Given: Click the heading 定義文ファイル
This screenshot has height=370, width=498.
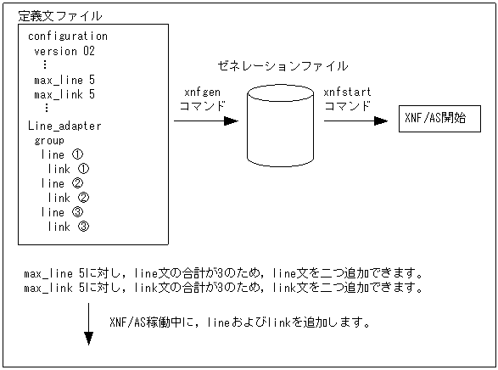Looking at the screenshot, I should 61,15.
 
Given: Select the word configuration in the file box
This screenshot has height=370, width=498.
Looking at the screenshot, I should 68,36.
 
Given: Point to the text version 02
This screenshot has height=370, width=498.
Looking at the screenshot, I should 64,51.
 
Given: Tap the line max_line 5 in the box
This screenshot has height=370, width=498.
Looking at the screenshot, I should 64,80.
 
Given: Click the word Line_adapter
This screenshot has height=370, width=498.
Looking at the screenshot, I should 64,126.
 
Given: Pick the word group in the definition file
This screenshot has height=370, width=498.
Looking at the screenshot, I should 49,140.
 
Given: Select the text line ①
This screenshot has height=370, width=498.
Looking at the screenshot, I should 62,154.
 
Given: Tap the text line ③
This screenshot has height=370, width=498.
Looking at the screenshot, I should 62,212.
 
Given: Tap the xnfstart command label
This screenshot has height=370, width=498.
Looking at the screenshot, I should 348,98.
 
